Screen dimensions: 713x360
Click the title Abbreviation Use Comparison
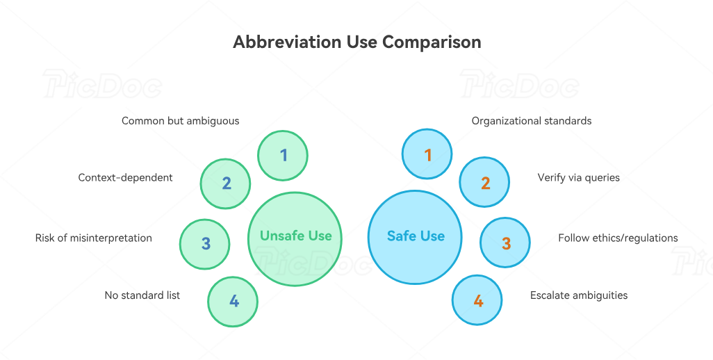[356, 42]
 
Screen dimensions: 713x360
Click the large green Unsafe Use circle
[295, 238]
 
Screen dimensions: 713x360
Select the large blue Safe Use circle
[416, 237]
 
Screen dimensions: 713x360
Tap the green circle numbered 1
[283, 156]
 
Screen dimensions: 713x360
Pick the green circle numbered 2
[226, 183]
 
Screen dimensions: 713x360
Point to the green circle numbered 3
[205, 244]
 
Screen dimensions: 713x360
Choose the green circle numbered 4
[233, 302]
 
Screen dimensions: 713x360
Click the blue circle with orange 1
[427, 155]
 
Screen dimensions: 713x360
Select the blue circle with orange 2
[485, 183]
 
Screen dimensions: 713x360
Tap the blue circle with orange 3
[505, 243]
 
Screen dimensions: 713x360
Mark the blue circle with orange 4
[477, 301]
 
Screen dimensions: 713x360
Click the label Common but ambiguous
[180, 121]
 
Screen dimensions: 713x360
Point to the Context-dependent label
[125, 177]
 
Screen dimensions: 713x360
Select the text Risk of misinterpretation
[94, 238]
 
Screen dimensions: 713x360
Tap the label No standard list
[142, 295]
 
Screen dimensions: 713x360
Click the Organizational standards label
[532, 121]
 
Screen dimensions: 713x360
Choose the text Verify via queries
[578, 177]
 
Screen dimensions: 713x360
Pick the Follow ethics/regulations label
[618, 238]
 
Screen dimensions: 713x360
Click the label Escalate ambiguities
[578, 295]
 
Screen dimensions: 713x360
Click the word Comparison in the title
[432, 42]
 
